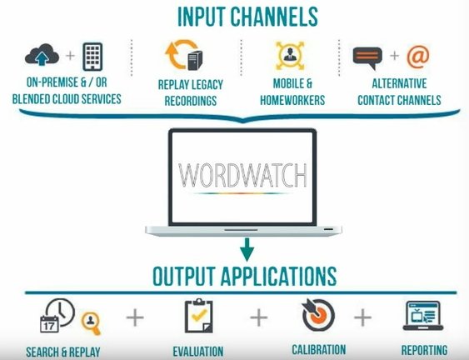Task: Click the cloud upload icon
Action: (x=42, y=55)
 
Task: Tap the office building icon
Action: (x=92, y=57)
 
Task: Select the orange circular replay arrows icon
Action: (x=181, y=54)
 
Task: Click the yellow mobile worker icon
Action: (x=290, y=56)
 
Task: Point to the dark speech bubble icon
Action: (x=367, y=57)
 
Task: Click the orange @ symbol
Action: (x=418, y=57)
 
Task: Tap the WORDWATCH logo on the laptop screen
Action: (x=242, y=176)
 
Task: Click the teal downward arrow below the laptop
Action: (x=247, y=249)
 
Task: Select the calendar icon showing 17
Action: (x=49, y=324)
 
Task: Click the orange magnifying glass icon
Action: (x=91, y=322)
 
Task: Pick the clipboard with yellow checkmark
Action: (x=198, y=316)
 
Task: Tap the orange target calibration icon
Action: (x=318, y=315)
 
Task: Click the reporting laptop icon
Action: (x=423, y=315)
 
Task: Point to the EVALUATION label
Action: (x=198, y=352)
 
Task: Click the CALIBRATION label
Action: (x=319, y=349)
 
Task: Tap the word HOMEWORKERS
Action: (x=292, y=100)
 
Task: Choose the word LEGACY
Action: (x=207, y=85)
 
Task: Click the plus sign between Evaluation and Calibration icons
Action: (x=259, y=317)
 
